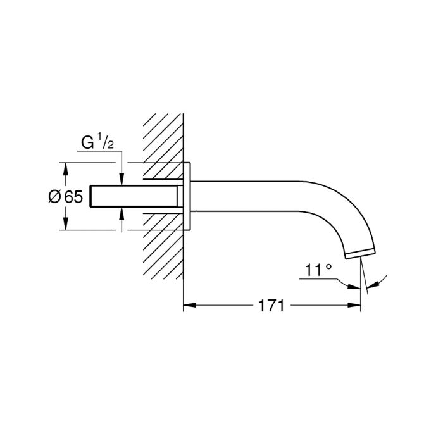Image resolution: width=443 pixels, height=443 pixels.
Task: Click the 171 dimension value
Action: pos(271,306)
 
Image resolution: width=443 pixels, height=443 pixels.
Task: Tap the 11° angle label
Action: pos(318,270)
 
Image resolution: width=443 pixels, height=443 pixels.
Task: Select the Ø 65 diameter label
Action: pos(66,197)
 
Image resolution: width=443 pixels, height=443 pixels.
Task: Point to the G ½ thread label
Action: pos(97,142)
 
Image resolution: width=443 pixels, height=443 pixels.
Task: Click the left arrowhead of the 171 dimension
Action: pos(190,305)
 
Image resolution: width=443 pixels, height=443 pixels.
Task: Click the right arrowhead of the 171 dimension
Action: pos(354,305)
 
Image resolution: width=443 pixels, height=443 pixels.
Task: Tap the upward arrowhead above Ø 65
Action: pos(66,169)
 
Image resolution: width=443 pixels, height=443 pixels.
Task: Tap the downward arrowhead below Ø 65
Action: pos(66,223)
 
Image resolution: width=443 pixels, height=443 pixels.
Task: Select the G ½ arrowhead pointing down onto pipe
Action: pos(122,179)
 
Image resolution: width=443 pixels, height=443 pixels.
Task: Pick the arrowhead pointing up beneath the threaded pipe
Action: pos(122,214)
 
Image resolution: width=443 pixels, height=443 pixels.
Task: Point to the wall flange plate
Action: pos(187,196)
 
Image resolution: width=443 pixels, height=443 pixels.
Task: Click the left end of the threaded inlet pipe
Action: pos(90,196)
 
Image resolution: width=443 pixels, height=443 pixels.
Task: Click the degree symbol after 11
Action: pos(328,266)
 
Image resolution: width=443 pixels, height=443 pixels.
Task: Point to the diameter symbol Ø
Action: pos(54,197)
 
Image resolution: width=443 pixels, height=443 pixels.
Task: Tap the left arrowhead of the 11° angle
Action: pos(354,287)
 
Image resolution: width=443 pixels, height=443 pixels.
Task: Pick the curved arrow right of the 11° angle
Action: pos(378,282)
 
